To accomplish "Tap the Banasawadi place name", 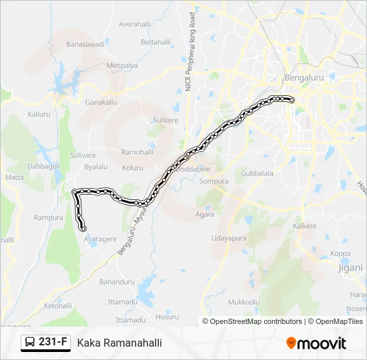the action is [x=85, y=45].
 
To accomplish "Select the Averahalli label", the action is [x=135, y=24].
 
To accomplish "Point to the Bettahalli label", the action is [x=156, y=42].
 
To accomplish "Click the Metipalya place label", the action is [x=122, y=66].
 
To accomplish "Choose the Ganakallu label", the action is [x=101, y=102].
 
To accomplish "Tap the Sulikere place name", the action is [x=165, y=120].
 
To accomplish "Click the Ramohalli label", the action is [x=137, y=152].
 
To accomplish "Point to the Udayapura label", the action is [x=229, y=238].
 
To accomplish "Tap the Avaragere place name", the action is [x=100, y=239].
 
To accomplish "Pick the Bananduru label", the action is [x=117, y=282].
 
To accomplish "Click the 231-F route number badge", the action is [x=53, y=342].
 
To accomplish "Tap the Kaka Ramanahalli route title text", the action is [x=119, y=343].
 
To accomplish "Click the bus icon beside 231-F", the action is [x=31, y=343].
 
